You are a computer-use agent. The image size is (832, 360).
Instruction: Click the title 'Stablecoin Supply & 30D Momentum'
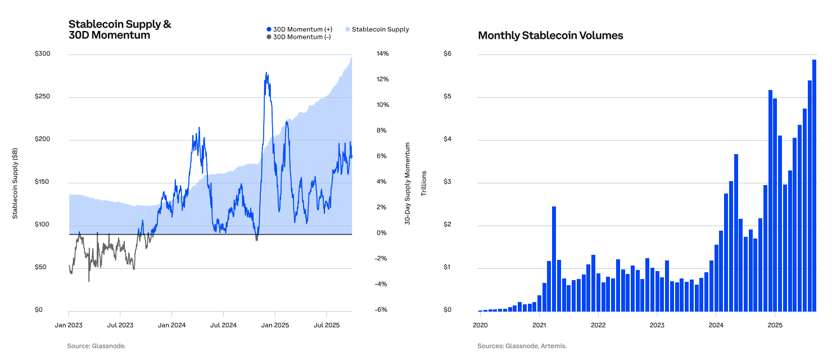[119, 30]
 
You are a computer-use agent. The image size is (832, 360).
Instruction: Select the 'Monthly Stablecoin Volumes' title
[550, 35]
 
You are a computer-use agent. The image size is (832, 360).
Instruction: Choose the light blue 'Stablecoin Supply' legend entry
[377, 29]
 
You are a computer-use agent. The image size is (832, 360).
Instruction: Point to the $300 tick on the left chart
[43, 54]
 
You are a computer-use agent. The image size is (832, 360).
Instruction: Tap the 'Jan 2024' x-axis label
[171, 325]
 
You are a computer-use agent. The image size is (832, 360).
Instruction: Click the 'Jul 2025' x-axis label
[327, 325]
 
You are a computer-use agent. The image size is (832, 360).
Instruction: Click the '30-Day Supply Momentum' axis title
[408, 184]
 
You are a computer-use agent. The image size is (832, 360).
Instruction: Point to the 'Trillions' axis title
[424, 183]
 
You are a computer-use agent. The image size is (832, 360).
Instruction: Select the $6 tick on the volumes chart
[448, 54]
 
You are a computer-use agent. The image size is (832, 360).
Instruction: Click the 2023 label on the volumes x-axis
[657, 325]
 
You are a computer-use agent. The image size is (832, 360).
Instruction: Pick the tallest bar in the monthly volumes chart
[814, 186]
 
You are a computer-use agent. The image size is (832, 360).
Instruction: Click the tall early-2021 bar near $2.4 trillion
[554, 259]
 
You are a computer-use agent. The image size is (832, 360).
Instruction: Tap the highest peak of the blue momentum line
[266, 73]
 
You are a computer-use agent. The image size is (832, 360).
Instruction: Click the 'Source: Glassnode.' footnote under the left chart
[97, 346]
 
